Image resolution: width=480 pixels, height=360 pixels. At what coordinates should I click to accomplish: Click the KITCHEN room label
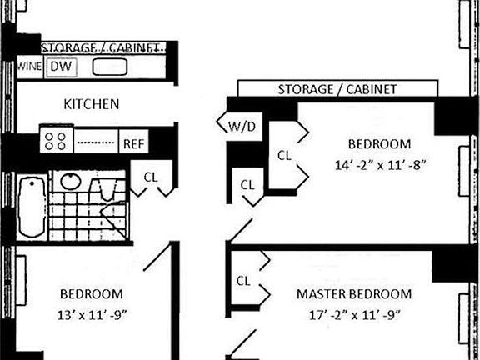pos(91,104)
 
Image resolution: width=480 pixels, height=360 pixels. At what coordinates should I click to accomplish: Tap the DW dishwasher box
pos(61,67)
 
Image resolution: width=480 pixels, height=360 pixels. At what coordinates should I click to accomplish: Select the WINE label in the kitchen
pos(29,67)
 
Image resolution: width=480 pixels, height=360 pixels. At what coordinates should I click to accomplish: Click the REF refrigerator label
pos(133,143)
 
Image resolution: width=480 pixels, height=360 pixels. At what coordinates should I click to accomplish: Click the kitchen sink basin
pos(110,67)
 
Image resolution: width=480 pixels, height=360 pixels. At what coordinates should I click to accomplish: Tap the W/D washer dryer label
pos(242,127)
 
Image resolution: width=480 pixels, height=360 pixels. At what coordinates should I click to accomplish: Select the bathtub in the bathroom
pos(32,207)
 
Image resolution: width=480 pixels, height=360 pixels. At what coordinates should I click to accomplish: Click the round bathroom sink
pos(71,182)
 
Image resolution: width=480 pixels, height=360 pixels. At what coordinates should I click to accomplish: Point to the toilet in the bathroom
pos(107,189)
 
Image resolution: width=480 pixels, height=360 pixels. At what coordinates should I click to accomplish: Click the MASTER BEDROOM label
pos(354,294)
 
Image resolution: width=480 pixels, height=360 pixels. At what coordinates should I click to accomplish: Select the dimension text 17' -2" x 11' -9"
pos(354,315)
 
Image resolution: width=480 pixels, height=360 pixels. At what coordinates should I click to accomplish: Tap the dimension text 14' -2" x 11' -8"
pos(381,166)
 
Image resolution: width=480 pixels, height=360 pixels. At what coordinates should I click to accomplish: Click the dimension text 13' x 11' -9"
pos(92,315)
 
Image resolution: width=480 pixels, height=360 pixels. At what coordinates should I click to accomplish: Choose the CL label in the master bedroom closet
pos(243,281)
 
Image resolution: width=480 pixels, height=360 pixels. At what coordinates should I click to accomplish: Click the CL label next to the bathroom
pos(151,177)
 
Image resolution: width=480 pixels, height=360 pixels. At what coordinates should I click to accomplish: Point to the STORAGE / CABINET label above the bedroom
pos(337,89)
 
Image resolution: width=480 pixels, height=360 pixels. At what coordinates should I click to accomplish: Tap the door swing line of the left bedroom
pos(157,257)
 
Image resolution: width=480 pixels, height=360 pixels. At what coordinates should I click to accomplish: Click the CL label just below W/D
pos(247,185)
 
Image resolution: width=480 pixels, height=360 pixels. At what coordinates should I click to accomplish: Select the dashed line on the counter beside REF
pos(96,142)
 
